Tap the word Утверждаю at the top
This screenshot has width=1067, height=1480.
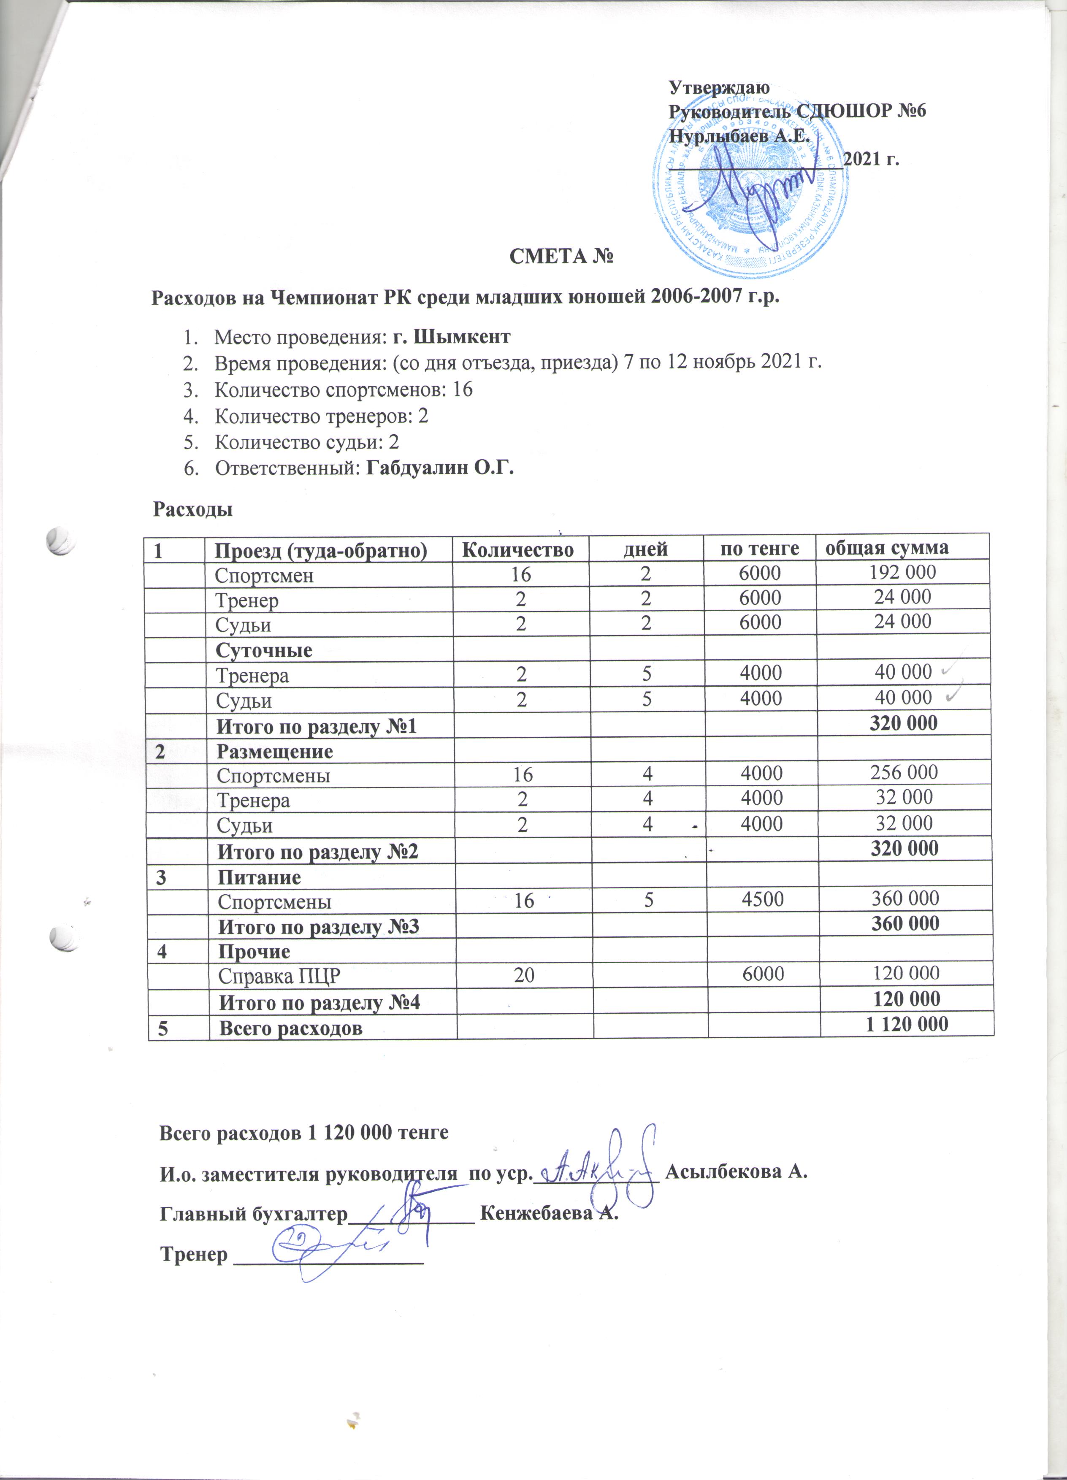719,87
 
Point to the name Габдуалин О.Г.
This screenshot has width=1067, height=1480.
440,468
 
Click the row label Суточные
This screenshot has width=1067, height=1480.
264,651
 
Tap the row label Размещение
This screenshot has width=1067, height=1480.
275,752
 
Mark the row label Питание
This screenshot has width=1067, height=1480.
259,878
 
